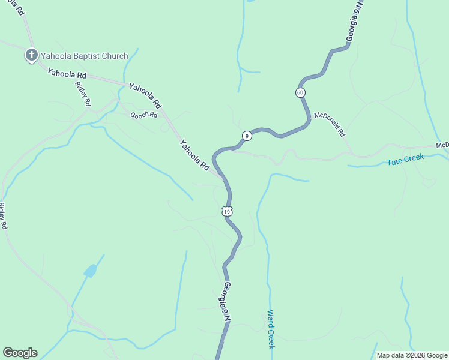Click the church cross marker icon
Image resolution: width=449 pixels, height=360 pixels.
click(x=32, y=56)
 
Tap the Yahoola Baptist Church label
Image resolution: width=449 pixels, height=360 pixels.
click(x=84, y=56)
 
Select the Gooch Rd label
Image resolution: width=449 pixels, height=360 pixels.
click(x=145, y=114)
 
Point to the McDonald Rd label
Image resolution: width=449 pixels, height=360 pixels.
click(x=330, y=124)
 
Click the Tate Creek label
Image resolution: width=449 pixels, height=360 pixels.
click(x=405, y=160)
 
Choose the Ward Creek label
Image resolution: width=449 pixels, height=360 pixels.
click(x=271, y=329)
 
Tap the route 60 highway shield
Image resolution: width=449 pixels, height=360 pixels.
click(x=300, y=92)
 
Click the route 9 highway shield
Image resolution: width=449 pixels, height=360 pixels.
click(x=246, y=136)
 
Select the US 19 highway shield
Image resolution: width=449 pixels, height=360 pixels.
click(x=226, y=211)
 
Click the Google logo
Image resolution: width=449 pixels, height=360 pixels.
click(x=20, y=353)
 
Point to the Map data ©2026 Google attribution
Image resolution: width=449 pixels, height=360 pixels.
click(x=411, y=355)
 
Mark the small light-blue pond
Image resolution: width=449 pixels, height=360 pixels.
click(x=90, y=271)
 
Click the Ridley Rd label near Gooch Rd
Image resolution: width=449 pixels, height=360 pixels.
click(x=83, y=93)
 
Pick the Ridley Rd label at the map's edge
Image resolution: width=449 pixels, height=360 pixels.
click(x=3, y=216)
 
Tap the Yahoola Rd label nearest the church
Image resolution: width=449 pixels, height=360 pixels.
click(x=67, y=74)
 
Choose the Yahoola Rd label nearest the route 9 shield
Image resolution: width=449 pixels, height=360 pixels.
click(x=194, y=155)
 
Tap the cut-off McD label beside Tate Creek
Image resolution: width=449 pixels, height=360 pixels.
click(x=442, y=146)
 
